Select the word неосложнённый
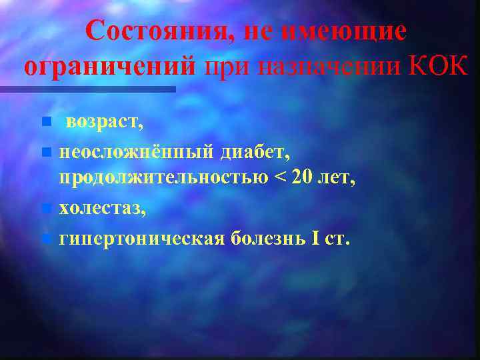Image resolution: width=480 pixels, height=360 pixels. (136, 153)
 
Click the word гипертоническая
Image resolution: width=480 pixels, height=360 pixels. (141, 238)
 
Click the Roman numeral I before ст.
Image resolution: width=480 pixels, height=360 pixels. (315, 238)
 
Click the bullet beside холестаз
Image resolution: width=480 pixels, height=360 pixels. (45, 209)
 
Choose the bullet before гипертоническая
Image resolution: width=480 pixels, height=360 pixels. (45, 239)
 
